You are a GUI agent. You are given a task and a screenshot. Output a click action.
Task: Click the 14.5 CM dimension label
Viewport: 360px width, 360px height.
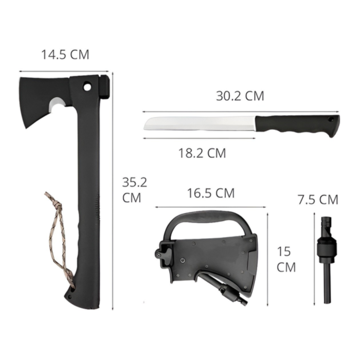click(65, 55)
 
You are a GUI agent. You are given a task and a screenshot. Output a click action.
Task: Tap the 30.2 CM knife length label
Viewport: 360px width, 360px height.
click(240, 96)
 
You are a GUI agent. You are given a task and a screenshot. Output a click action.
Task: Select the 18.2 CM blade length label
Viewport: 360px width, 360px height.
click(202, 153)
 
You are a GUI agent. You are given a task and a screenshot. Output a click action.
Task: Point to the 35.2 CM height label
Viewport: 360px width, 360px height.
click(134, 190)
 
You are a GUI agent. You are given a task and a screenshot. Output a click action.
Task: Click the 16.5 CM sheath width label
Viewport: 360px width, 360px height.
click(211, 193)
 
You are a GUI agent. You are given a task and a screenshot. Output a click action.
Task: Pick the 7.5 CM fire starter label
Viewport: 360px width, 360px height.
click(318, 200)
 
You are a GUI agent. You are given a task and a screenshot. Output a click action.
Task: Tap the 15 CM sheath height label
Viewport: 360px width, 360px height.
click(285, 259)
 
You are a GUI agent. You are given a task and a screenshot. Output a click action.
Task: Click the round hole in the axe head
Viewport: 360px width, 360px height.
click(87, 87)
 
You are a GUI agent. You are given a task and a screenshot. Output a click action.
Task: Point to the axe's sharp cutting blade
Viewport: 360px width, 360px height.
click(24, 103)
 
